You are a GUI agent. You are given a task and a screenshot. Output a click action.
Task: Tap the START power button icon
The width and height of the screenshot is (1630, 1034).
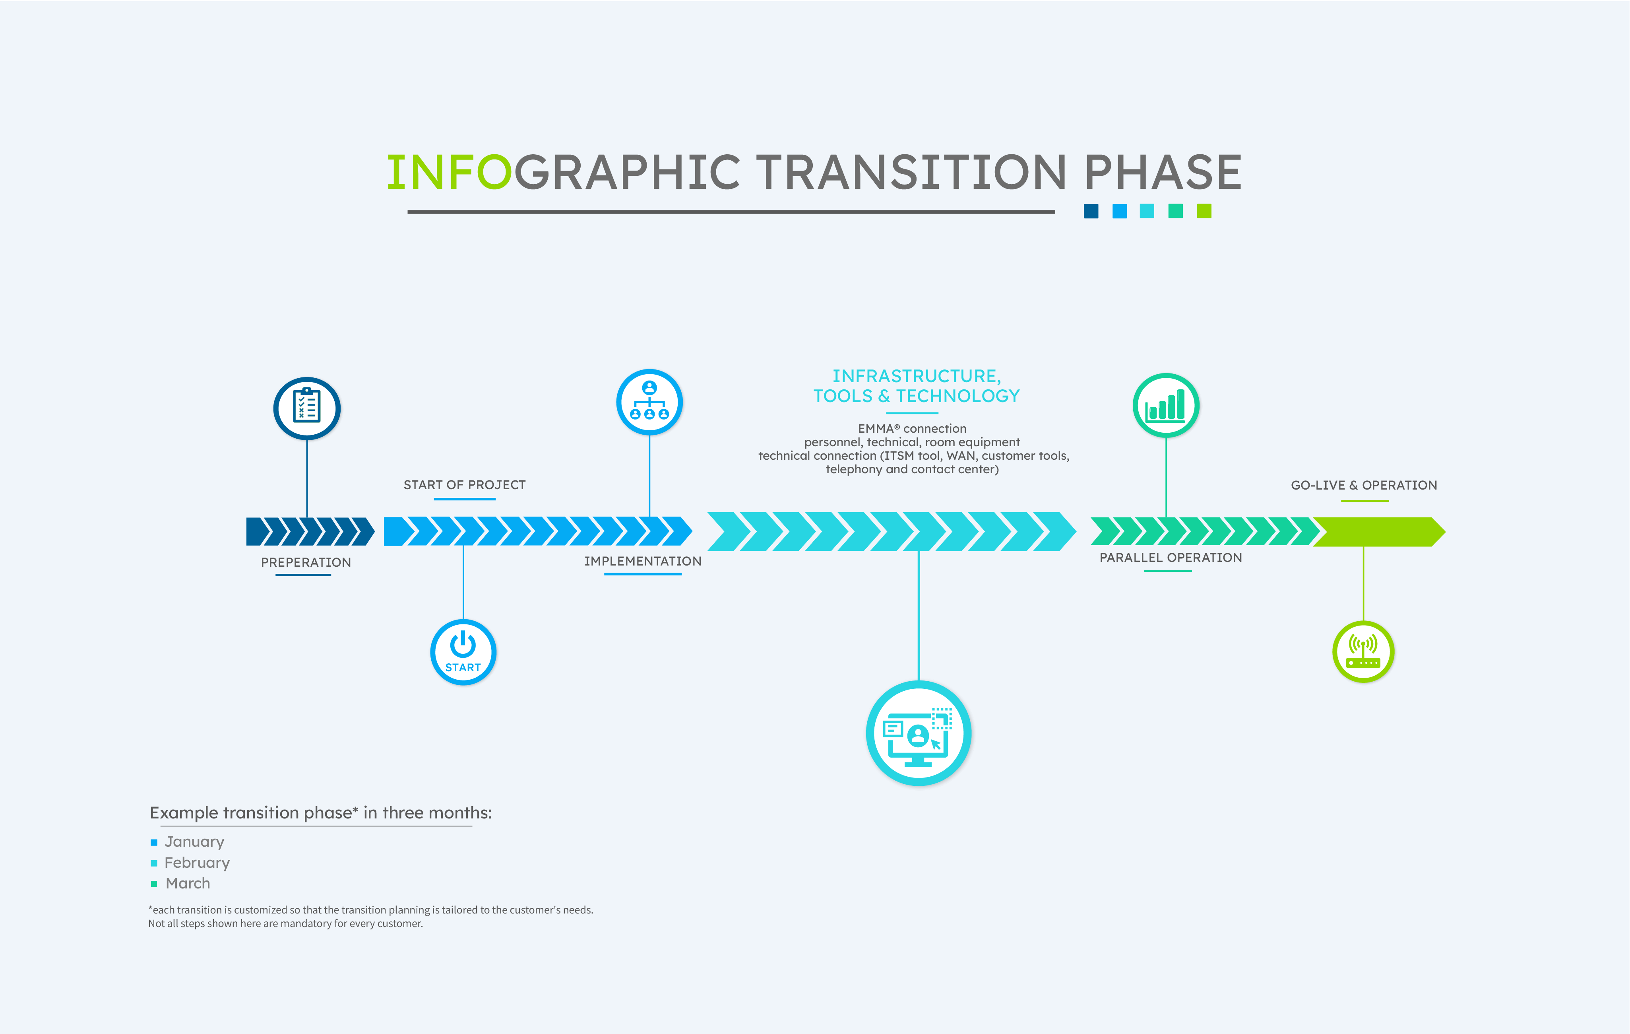pyautogui.click(x=463, y=651)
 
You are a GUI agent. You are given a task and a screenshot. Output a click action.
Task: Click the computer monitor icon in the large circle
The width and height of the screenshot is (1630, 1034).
pyautogui.click(x=918, y=737)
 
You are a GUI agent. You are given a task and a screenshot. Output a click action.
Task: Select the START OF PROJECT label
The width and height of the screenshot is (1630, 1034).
pyautogui.click(x=464, y=485)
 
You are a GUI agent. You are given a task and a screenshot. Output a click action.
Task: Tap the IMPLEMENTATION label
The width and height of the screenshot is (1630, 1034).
pyautogui.click(x=642, y=562)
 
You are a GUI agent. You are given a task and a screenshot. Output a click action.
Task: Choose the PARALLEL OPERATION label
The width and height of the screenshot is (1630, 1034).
pyautogui.click(x=1171, y=557)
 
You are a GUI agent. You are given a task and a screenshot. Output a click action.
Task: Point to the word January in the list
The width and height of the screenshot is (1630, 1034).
pyautogui.click(x=194, y=842)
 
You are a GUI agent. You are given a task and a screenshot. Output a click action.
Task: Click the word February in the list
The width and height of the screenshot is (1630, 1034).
pyautogui.click(x=197, y=863)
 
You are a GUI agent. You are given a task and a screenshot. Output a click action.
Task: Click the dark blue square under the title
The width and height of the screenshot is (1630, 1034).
pyautogui.click(x=1091, y=211)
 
